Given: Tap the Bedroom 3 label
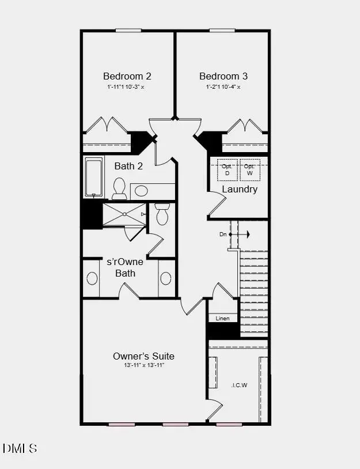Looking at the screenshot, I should point(219,76).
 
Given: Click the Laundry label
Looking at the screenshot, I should point(240,189).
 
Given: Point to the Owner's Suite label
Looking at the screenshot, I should point(143,356).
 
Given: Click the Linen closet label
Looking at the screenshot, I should point(223,319).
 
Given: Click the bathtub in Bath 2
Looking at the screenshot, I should point(94,177).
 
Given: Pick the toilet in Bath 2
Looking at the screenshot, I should point(119,188).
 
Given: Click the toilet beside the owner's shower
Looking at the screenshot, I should point(162,215).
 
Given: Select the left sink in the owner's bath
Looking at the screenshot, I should point(92,279).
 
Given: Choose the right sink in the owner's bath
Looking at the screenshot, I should point(166,279).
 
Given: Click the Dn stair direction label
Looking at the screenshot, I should point(223,234).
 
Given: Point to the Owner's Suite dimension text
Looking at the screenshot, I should point(143,366).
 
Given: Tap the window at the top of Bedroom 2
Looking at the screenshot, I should point(128,31).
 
